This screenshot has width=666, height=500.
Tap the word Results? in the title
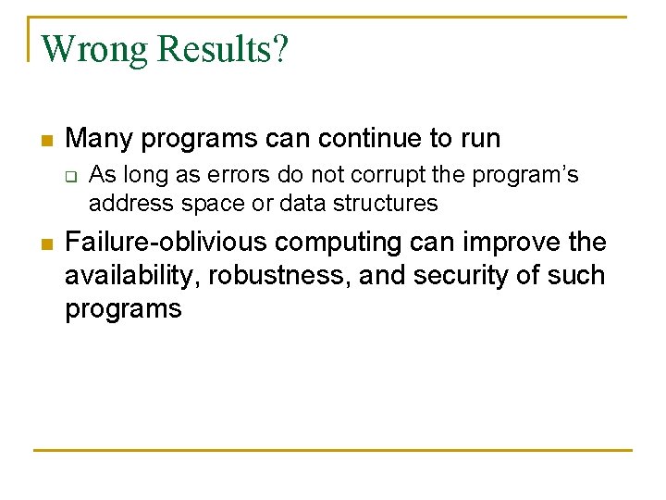tap(223, 49)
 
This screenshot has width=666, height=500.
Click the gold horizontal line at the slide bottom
tap(333, 451)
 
